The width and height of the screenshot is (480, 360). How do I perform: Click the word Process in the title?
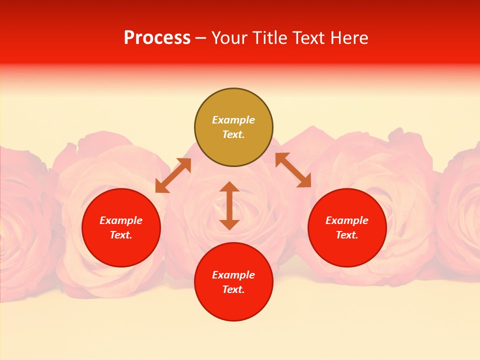point(157,38)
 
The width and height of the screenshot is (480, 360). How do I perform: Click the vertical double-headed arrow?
point(229,205)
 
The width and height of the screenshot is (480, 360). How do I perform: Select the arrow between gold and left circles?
point(173,175)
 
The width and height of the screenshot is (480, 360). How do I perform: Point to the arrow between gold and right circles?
point(293,170)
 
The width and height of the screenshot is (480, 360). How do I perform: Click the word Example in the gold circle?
point(233,120)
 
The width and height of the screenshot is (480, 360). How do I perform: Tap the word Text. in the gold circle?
point(233,134)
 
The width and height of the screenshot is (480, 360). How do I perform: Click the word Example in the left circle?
point(121,220)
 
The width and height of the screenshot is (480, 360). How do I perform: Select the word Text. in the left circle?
point(121,235)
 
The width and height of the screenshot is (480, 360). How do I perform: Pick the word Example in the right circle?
point(347,220)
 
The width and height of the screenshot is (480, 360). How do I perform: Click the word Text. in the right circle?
point(347,235)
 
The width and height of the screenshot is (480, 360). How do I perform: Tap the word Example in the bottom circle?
point(233,275)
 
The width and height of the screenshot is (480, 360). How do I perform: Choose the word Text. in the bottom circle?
point(233,289)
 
